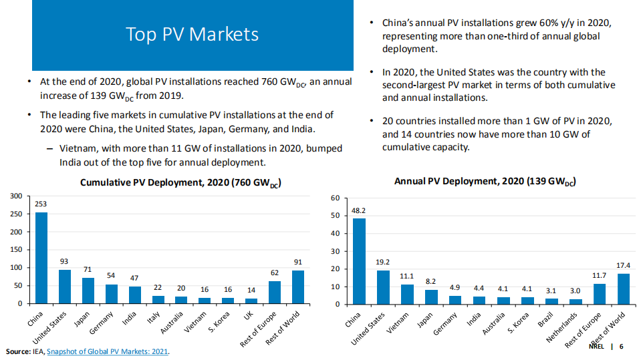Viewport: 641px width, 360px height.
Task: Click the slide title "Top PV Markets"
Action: (x=192, y=34)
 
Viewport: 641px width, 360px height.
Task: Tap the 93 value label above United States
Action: (x=65, y=261)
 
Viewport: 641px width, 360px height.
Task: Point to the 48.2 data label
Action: (x=359, y=210)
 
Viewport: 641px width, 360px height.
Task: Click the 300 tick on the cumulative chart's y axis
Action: (x=15, y=196)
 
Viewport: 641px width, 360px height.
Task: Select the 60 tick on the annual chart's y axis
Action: (x=336, y=198)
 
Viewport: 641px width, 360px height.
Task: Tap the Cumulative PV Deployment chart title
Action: (x=179, y=182)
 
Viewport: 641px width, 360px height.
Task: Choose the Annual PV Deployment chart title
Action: (x=485, y=181)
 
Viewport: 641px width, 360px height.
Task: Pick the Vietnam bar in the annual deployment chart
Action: (x=406, y=294)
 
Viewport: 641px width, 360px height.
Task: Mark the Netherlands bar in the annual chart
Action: (x=575, y=301)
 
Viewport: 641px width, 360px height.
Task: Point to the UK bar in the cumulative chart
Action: (x=251, y=301)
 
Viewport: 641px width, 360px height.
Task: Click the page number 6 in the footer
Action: (x=621, y=347)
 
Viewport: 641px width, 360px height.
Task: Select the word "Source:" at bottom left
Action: (x=18, y=351)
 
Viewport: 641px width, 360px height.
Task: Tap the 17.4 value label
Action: (x=623, y=265)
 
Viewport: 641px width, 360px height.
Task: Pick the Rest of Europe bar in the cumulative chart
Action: (x=275, y=292)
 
